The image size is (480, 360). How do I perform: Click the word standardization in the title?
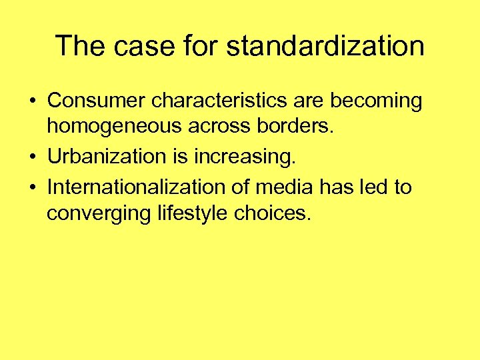point(325,46)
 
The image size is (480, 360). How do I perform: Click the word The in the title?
point(79,46)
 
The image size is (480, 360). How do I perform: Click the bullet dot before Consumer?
point(31,101)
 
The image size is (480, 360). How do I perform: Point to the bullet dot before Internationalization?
point(31,187)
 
